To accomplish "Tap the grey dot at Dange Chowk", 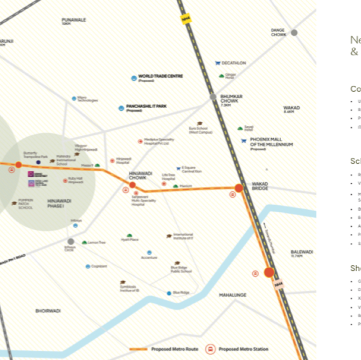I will click(294, 32).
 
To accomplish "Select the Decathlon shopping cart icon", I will click(218, 63).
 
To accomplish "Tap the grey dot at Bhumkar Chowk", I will click(213, 97).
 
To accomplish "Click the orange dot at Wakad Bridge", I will click(239, 188).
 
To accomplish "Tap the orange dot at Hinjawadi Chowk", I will click(132, 185).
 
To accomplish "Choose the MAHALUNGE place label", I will click(233, 295).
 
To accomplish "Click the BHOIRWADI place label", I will click(48, 311).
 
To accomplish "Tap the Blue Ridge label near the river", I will click(181, 293).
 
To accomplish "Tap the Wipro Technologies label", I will click(87, 99).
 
